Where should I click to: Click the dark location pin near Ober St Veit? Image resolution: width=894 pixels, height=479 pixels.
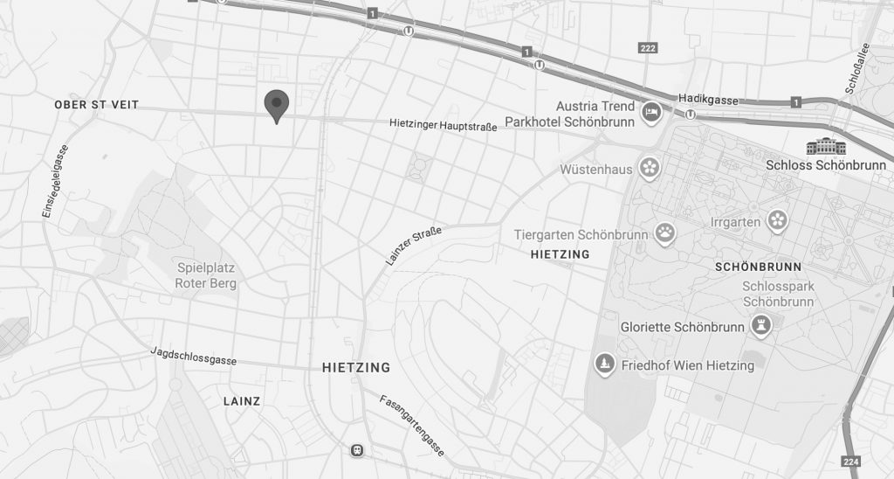[x=277, y=105]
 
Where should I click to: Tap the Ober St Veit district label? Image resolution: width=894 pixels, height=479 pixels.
[x=96, y=105]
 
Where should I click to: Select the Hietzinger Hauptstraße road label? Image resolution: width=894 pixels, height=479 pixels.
[x=443, y=126]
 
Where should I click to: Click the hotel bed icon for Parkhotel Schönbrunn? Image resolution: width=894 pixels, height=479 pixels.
[x=651, y=113]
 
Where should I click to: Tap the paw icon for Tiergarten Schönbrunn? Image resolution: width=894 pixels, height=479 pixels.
[x=666, y=233]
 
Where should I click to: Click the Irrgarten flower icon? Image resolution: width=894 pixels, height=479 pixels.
[x=777, y=220]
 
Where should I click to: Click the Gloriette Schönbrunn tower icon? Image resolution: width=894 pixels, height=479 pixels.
[x=762, y=327]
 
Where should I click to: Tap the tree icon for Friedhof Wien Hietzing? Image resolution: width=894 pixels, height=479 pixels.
[x=603, y=364]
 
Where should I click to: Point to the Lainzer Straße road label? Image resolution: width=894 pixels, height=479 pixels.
[x=414, y=246]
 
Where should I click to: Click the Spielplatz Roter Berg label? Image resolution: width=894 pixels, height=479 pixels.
[x=206, y=275]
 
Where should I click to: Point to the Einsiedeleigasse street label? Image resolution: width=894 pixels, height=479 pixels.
[x=55, y=180]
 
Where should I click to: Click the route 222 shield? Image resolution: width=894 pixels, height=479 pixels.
[x=647, y=47]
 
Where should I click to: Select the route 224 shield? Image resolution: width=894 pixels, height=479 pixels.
[x=850, y=461]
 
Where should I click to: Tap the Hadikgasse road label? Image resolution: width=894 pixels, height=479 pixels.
[x=708, y=100]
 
